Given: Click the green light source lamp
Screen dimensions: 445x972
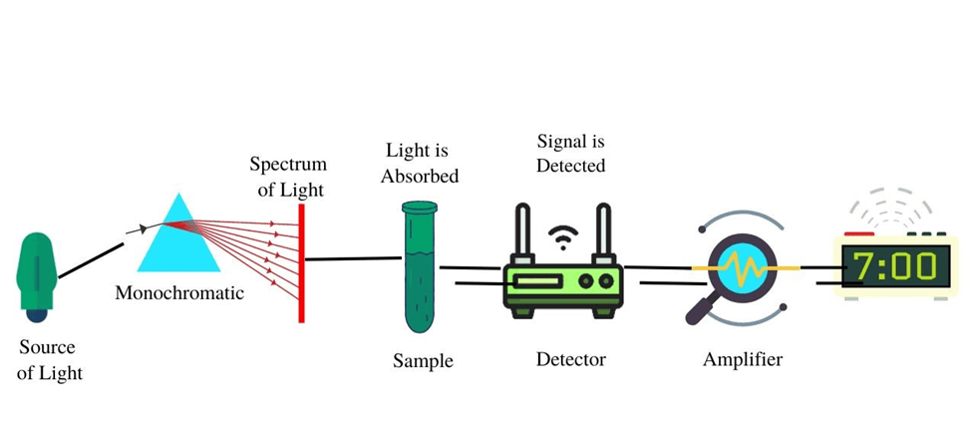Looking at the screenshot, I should tap(37, 271).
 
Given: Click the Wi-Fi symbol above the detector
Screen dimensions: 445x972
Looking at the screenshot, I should tap(564, 237).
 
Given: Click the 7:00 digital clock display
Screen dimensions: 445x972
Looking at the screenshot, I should tap(893, 267).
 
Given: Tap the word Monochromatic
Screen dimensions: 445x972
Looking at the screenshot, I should tap(178, 293).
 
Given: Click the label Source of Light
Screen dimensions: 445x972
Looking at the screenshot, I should tap(47, 360).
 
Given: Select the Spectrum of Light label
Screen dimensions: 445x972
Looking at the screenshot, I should tap(287, 176).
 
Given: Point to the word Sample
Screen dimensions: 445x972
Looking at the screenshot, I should tap(423, 360).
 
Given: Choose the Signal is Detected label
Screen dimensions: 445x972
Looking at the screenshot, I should tap(570, 154).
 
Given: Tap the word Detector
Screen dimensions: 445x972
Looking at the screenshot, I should tap(570, 359).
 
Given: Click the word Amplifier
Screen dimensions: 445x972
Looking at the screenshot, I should tap(743, 359).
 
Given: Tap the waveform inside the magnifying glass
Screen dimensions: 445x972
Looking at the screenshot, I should tap(743, 268).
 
